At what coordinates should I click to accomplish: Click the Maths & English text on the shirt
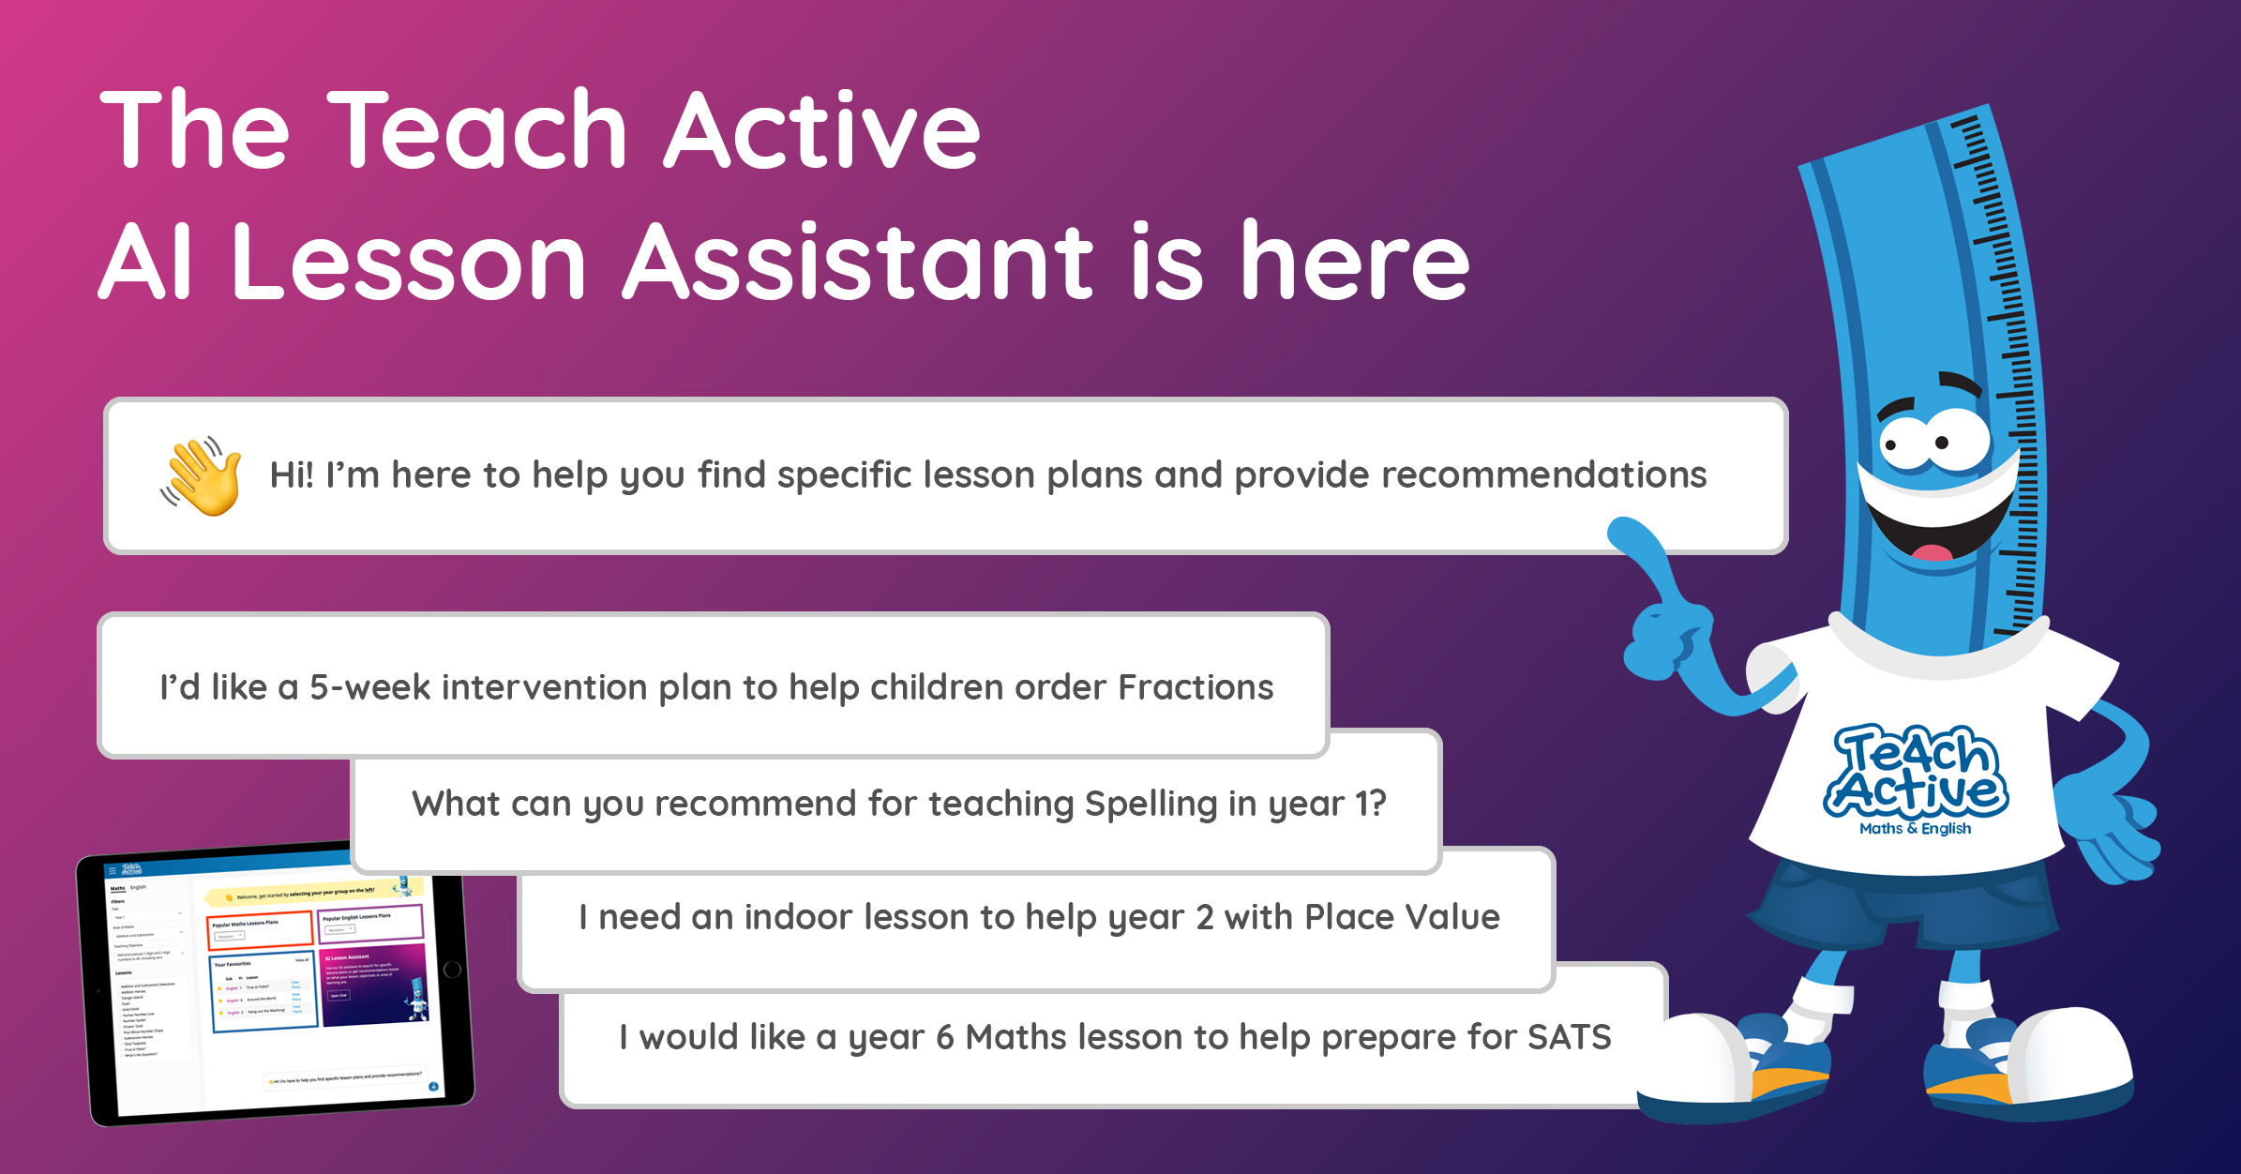point(1915,829)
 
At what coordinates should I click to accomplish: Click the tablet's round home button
point(452,970)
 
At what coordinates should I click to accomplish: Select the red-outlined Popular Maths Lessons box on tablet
point(259,928)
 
